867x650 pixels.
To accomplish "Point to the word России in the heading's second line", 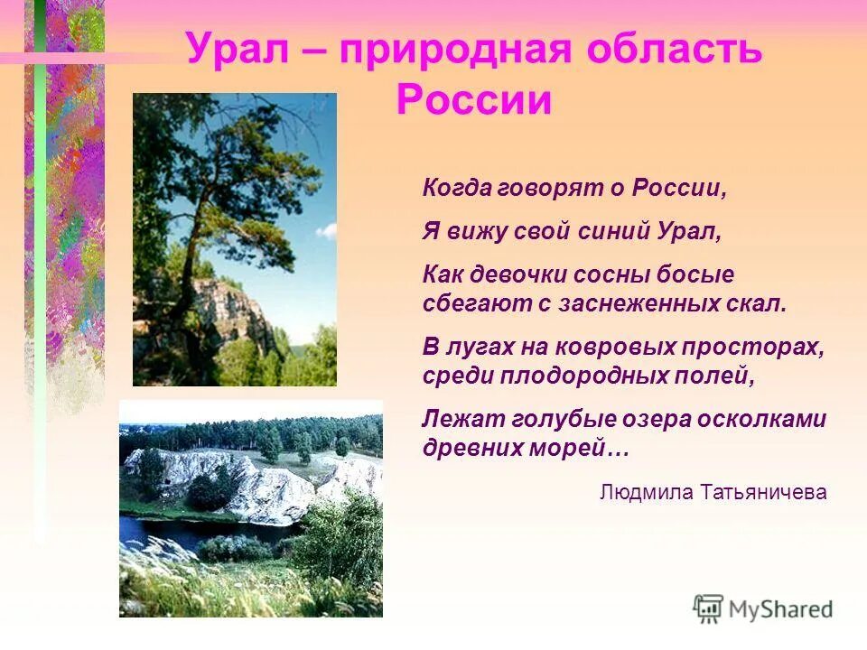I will (473, 100).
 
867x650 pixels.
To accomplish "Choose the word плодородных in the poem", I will (580, 376).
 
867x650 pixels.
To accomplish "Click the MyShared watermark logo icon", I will (708, 608).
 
